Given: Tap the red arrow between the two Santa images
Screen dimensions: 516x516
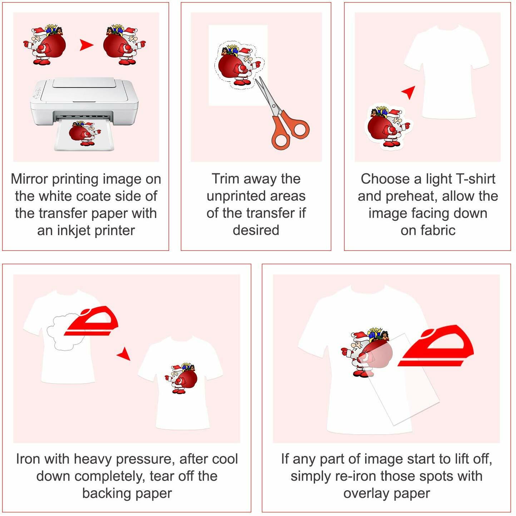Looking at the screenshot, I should (x=86, y=45).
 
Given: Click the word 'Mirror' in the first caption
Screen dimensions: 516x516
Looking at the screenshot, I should (x=29, y=179).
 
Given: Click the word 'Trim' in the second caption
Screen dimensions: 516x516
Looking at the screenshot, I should (x=225, y=179).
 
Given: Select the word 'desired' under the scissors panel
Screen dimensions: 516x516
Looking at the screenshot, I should (x=256, y=230).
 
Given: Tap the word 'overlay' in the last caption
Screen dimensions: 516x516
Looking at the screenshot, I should (x=367, y=493).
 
